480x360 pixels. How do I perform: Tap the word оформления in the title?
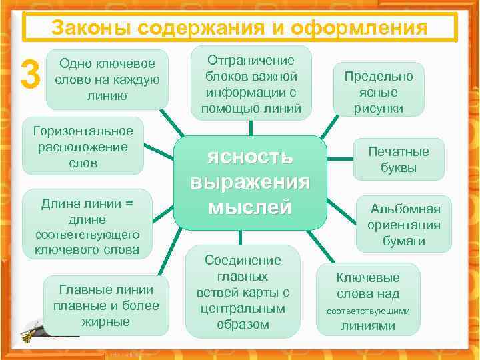pyautogui.click(x=368, y=28)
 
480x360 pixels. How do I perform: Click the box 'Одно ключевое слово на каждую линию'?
pyautogui.click(x=107, y=79)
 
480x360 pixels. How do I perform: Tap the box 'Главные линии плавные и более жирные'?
pyautogui.click(x=107, y=305)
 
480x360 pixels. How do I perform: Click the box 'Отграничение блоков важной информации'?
pyautogui.click(x=251, y=83)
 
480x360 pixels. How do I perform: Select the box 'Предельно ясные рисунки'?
pyautogui.click(x=379, y=92)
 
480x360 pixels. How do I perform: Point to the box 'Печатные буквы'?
pyautogui.click(x=399, y=159)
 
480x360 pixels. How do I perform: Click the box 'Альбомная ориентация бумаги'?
pyautogui.click(x=404, y=225)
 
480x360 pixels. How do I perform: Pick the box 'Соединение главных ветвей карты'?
pyautogui.click(x=243, y=292)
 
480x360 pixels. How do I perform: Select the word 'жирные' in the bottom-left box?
pyautogui.click(x=107, y=322)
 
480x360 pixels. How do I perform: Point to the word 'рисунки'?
pyautogui.click(x=379, y=108)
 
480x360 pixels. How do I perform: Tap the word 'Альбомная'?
pyautogui.click(x=405, y=209)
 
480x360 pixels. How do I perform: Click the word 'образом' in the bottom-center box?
pyautogui.click(x=243, y=325)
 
